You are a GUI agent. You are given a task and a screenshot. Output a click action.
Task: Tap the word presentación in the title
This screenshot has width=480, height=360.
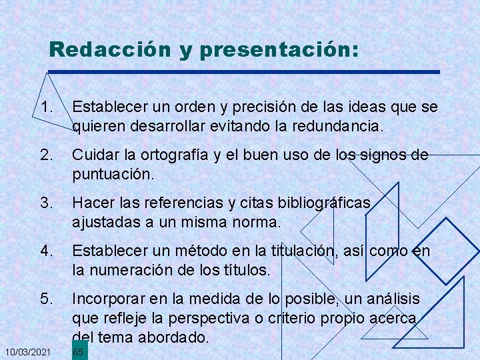pyautogui.click(x=278, y=50)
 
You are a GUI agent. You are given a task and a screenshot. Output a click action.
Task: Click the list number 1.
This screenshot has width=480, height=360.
pyautogui.click(x=46, y=106)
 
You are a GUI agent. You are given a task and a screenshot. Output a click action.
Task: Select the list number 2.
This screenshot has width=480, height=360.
pyautogui.click(x=46, y=155)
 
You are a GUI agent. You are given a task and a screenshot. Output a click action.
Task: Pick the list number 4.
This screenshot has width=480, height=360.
pyautogui.click(x=46, y=251)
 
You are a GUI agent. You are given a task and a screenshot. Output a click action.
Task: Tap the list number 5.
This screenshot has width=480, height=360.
pyautogui.click(x=46, y=298)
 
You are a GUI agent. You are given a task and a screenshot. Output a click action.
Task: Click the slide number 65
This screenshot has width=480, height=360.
pyautogui.click(x=77, y=352)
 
